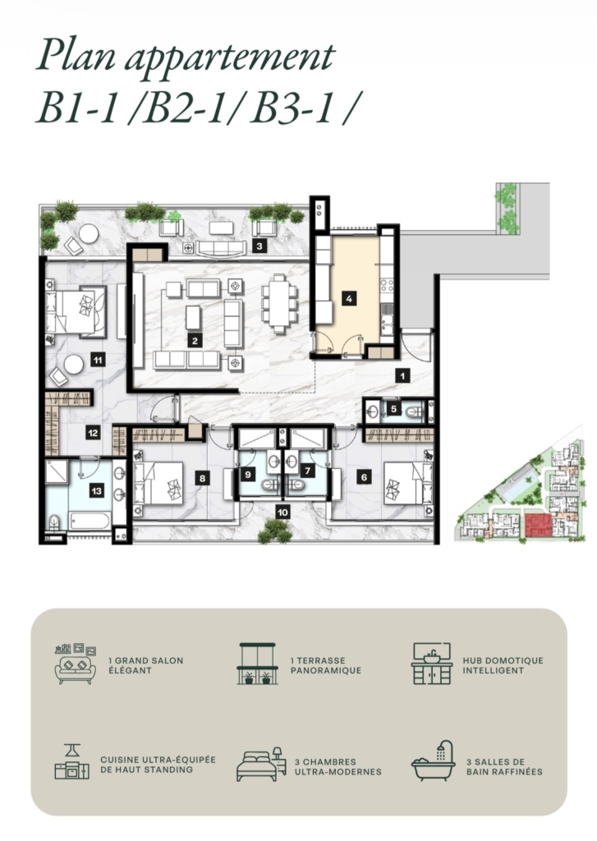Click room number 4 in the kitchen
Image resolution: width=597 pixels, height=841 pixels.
(x=349, y=298)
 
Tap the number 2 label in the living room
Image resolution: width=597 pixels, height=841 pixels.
(x=195, y=340)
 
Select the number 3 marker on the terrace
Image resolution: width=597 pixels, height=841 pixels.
(x=259, y=246)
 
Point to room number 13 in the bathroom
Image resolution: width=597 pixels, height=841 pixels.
(x=97, y=491)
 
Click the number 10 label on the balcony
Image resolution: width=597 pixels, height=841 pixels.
(x=282, y=512)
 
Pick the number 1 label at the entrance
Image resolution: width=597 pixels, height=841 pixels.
(x=403, y=376)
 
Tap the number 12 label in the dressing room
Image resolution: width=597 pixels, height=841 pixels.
(x=94, y=432)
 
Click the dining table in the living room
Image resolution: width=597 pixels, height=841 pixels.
(x=279, y=304)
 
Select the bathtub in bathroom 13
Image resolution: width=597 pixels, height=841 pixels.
(x=90, y=521)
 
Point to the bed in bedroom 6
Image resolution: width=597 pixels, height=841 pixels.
(x=406, y=483)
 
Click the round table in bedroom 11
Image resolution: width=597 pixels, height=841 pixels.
(x=73, y=365)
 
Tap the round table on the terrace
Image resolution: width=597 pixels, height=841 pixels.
(x=89, y=233)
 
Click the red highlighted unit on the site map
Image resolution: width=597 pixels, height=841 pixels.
(x=538, y=525)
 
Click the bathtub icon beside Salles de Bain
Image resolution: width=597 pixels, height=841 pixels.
(x=433, y=760)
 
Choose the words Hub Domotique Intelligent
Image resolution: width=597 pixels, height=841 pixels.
(x=503, y=665)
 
